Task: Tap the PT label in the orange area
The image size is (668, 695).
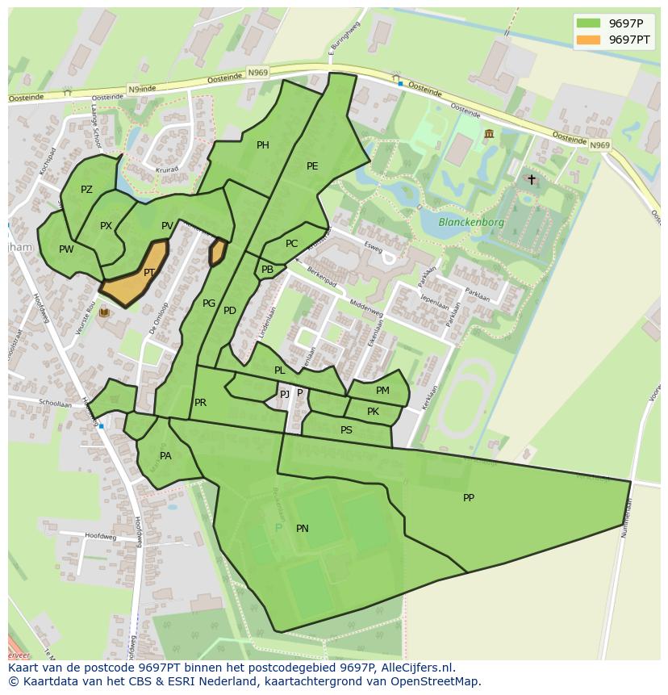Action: (149, 274)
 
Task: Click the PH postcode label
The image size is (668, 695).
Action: (263, 145)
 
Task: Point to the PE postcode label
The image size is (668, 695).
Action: (312, 166)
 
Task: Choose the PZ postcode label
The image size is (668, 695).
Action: (87, 190)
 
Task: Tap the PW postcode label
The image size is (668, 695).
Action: (66, 249)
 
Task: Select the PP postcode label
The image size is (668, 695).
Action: (469, 498)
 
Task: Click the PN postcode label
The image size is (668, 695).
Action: (303, 529)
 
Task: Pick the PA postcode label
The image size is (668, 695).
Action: (165, 456)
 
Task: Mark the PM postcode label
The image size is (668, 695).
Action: (382, 391)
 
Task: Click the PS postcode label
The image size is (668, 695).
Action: (346, 430)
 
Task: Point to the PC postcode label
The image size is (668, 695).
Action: (291, 244)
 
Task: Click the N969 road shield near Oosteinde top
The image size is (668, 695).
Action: (258, 73)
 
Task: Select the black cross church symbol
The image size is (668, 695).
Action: (531, 179)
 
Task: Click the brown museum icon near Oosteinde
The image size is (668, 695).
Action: (489, 133)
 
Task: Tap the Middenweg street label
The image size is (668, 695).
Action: (366, 308)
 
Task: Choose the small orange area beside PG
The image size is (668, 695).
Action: (217, 252)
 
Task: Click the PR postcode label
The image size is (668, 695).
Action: (200, 403)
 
